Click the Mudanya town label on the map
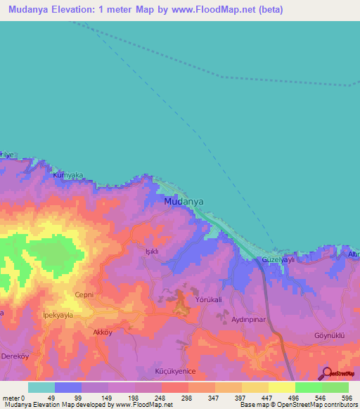coord(184,201)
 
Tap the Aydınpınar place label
coord(251,319)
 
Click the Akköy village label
coord(103,332)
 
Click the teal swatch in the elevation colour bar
coord(41,387)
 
